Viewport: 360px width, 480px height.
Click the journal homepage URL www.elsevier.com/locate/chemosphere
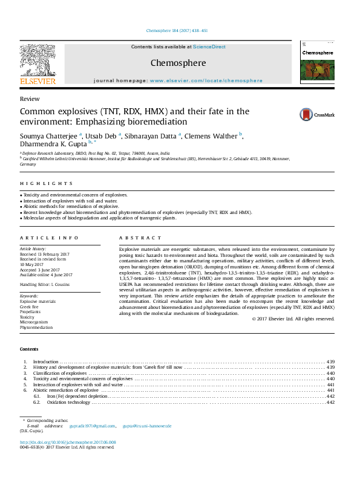point(206,80)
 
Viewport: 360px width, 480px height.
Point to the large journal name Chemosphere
point(178,63)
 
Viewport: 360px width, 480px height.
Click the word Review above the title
point(30,99)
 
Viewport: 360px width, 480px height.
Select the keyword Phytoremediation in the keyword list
point(36,327)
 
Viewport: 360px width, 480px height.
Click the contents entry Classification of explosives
point(60,373)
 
